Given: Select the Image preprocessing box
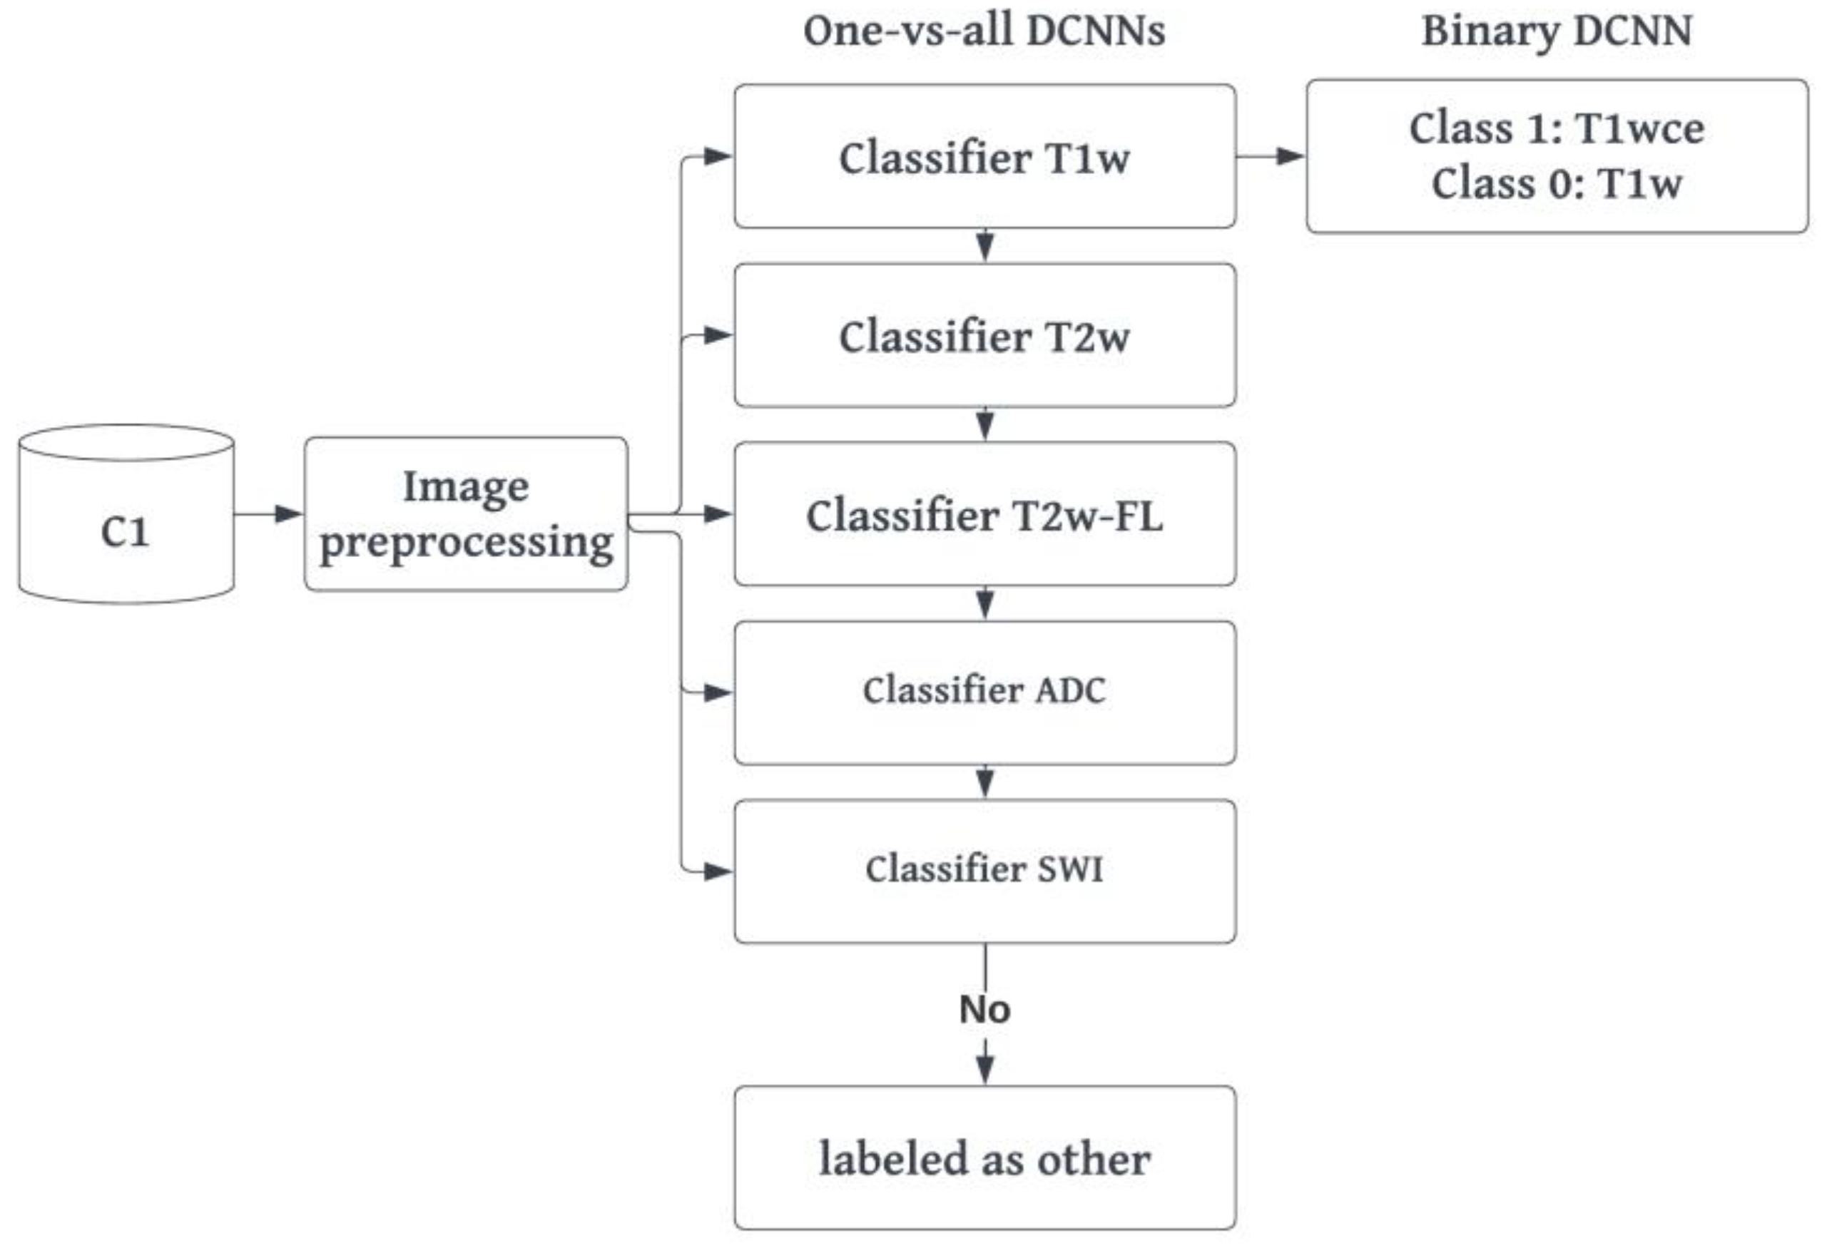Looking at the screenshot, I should [466, 514].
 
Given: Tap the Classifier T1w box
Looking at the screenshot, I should [984, 157].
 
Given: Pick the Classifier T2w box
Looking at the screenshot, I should [984, 335].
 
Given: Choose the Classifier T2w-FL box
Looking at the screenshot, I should [984, 514].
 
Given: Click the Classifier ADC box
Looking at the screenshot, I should [984, 692].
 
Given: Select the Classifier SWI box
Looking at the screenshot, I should [984, 871].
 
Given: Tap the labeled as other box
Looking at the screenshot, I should [984, 1158].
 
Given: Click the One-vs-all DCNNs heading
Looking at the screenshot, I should [984, 31].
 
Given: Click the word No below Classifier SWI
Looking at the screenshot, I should [984, 1009].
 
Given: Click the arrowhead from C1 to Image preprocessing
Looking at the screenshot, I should [287, 514].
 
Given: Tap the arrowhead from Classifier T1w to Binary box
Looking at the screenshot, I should [1289, 156].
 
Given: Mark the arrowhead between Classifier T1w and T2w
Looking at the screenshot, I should [984, 246].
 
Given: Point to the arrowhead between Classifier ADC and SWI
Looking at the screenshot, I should [984, 782].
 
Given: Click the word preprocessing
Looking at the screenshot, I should [467, 543].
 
